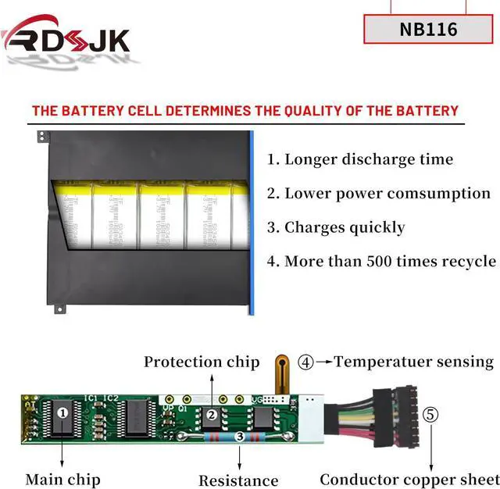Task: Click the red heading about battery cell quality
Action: coord(245,110)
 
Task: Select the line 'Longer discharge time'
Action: coord(359,159)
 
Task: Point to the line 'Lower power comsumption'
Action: coord(379,193)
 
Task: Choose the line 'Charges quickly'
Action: coord(336,227)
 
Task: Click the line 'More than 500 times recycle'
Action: coord(381,261)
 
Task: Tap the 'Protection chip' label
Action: coord(202,362)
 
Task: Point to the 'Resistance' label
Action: coord(238,480)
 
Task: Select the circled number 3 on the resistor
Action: coord(239,438)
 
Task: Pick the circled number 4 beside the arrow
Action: coord(306,362)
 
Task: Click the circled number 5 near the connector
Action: coord(431,414)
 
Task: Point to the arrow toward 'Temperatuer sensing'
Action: coord(324,362)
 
